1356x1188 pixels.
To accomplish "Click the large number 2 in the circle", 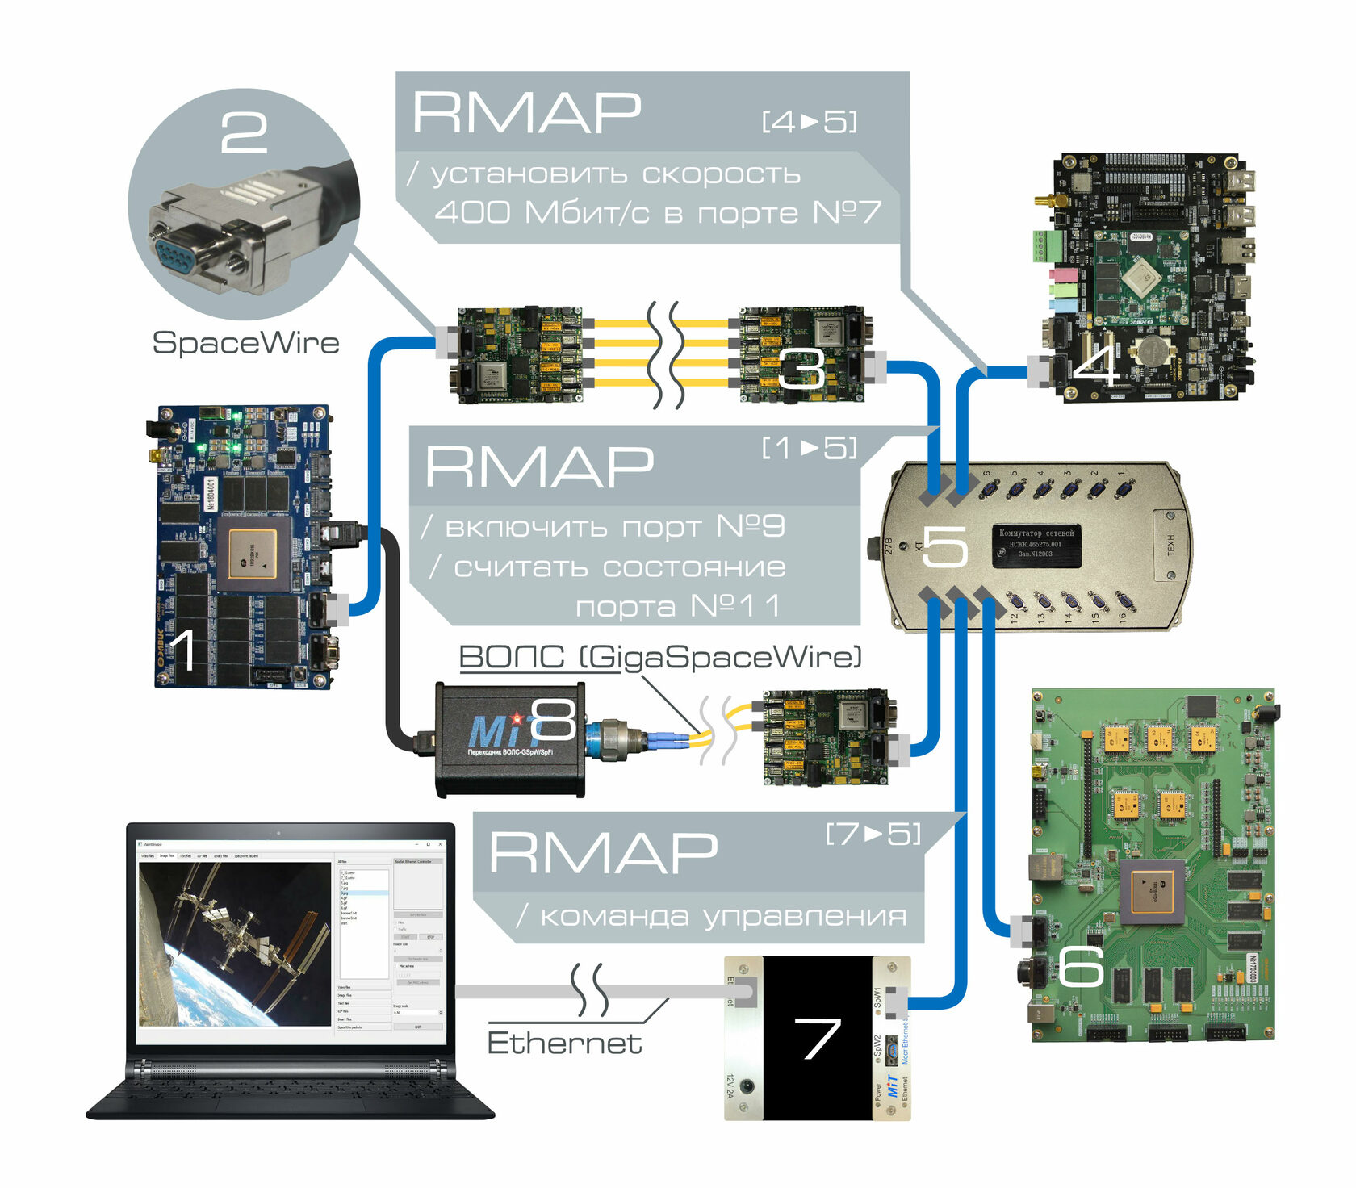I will point(244,132).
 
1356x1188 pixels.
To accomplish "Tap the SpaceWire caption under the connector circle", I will point(245,343).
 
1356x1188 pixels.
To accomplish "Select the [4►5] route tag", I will point(810,122).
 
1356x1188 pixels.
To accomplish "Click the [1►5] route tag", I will point(810,448).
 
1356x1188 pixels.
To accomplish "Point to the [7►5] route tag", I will point(873,834).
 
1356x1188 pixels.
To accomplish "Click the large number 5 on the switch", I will point(944,546).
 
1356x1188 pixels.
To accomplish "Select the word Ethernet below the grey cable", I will point(564,1043).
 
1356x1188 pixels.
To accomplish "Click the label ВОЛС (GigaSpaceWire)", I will point(660,657).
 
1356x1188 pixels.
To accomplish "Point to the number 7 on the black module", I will point(817,1038).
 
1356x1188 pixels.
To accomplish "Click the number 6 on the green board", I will point(1081,966).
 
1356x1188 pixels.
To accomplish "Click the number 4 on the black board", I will point(1096,364).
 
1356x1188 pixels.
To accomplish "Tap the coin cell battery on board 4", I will point(1152,349).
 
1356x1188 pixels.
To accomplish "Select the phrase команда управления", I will point(722,916).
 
